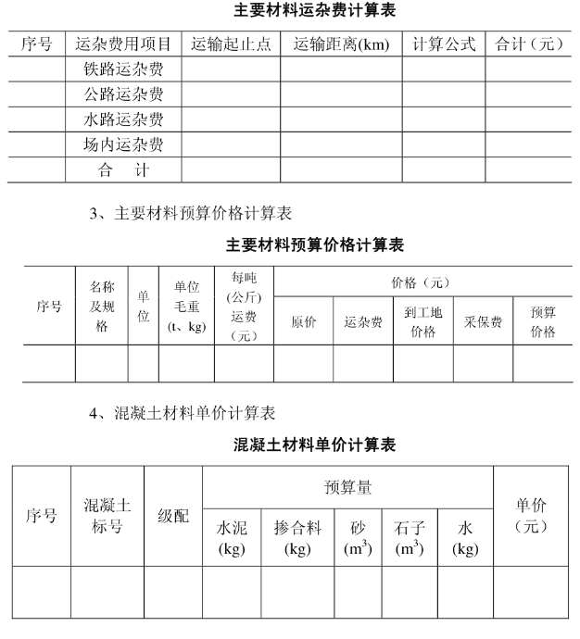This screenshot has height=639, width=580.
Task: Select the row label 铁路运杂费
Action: point(123,69)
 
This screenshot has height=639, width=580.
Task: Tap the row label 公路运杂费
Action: point(123,94)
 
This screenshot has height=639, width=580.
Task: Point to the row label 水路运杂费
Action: point(123,119)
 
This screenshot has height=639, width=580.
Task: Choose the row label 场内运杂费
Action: point(123,144)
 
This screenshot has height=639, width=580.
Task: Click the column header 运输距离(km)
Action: point(341,44)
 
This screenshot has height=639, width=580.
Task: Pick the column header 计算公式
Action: point(444,44)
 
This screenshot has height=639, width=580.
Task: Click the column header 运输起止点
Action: point(231,44)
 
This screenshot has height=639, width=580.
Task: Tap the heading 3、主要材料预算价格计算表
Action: point(190,214)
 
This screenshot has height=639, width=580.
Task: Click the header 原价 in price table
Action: point(303,322)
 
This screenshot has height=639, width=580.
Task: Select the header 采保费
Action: point(483,322)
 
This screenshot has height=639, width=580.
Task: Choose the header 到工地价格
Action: point(422,322)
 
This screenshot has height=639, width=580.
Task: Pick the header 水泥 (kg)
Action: point(231,538)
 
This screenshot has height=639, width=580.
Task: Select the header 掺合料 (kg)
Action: point(297,538)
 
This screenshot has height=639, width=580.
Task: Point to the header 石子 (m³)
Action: point(409,538)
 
